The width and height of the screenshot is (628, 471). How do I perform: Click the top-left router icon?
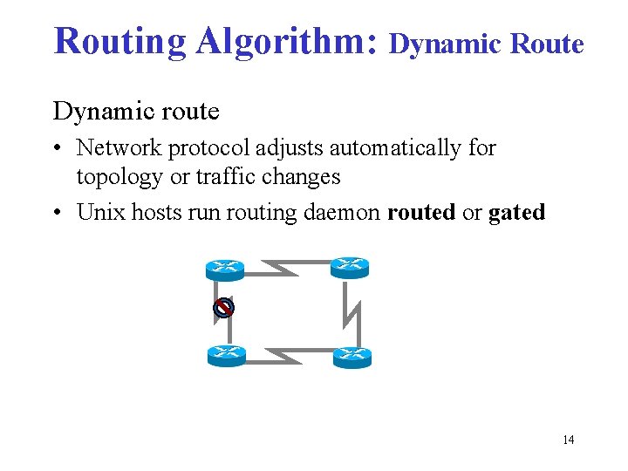pyautogui.click(x=226, y=270)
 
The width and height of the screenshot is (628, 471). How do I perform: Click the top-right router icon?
pyautogui.click(x=351, y=267)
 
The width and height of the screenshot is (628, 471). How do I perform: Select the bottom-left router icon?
pyautogui.click(x=226, y=355)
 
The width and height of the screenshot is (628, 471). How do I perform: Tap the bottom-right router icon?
pyautogui.click(x=352, y=356)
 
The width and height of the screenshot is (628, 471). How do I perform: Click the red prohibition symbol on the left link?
pyautogui.click(x=224, y=308)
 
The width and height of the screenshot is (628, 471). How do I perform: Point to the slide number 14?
pyautogui.click(x=568, y=440)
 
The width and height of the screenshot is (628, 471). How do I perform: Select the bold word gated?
pyautogui.click(x=516, y=212)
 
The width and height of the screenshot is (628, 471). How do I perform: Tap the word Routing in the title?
pyautogui.click(x=119, y=40)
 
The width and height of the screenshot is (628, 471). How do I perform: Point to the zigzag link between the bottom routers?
pyautogui.click(x=288, y=355)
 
